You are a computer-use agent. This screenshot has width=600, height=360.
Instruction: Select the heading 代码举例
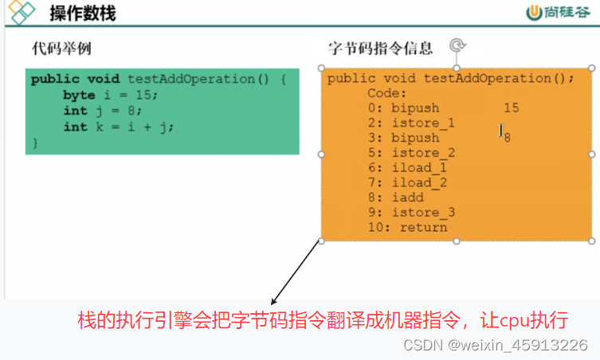click(x=61, y=49)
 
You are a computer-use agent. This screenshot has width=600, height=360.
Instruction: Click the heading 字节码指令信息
click(x=381, y=48)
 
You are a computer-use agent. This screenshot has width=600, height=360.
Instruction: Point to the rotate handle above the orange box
click(x=457, y=46)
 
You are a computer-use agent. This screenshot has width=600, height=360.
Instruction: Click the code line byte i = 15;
click(x=111, y=95)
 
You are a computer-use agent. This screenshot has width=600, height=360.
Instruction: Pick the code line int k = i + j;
click(x=118, y=127)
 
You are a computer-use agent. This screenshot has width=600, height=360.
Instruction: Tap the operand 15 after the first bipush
click(x=511, y=108)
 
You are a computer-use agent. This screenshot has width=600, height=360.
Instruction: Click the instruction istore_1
click(x=423, y=123)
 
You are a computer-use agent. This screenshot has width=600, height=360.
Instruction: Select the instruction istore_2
click(x=423, y=153)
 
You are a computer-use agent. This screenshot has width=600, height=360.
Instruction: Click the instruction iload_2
click(x=419, y=182)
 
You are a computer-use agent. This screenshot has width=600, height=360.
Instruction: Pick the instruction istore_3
click(x=423, y=213)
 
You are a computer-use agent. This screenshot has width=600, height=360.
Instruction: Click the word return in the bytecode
click(x=423, y=228)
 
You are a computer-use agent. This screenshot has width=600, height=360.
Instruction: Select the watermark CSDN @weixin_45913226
click(x=496, y=344)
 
